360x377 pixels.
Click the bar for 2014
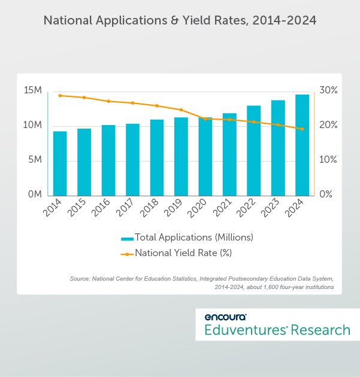point(60,163)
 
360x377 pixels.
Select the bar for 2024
point(302,145)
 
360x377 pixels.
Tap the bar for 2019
point(181,156)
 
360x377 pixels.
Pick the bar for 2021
point(229,154)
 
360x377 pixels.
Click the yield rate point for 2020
point(205,118)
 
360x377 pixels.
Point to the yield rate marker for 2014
point(60,95)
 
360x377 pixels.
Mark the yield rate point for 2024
point(302,129)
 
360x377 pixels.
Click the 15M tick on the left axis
point(32,90)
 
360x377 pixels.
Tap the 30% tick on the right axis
point(328,90)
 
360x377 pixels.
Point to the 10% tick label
point(328,160)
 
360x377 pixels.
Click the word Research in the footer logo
point(320,330)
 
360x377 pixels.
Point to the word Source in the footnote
point(81,278)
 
